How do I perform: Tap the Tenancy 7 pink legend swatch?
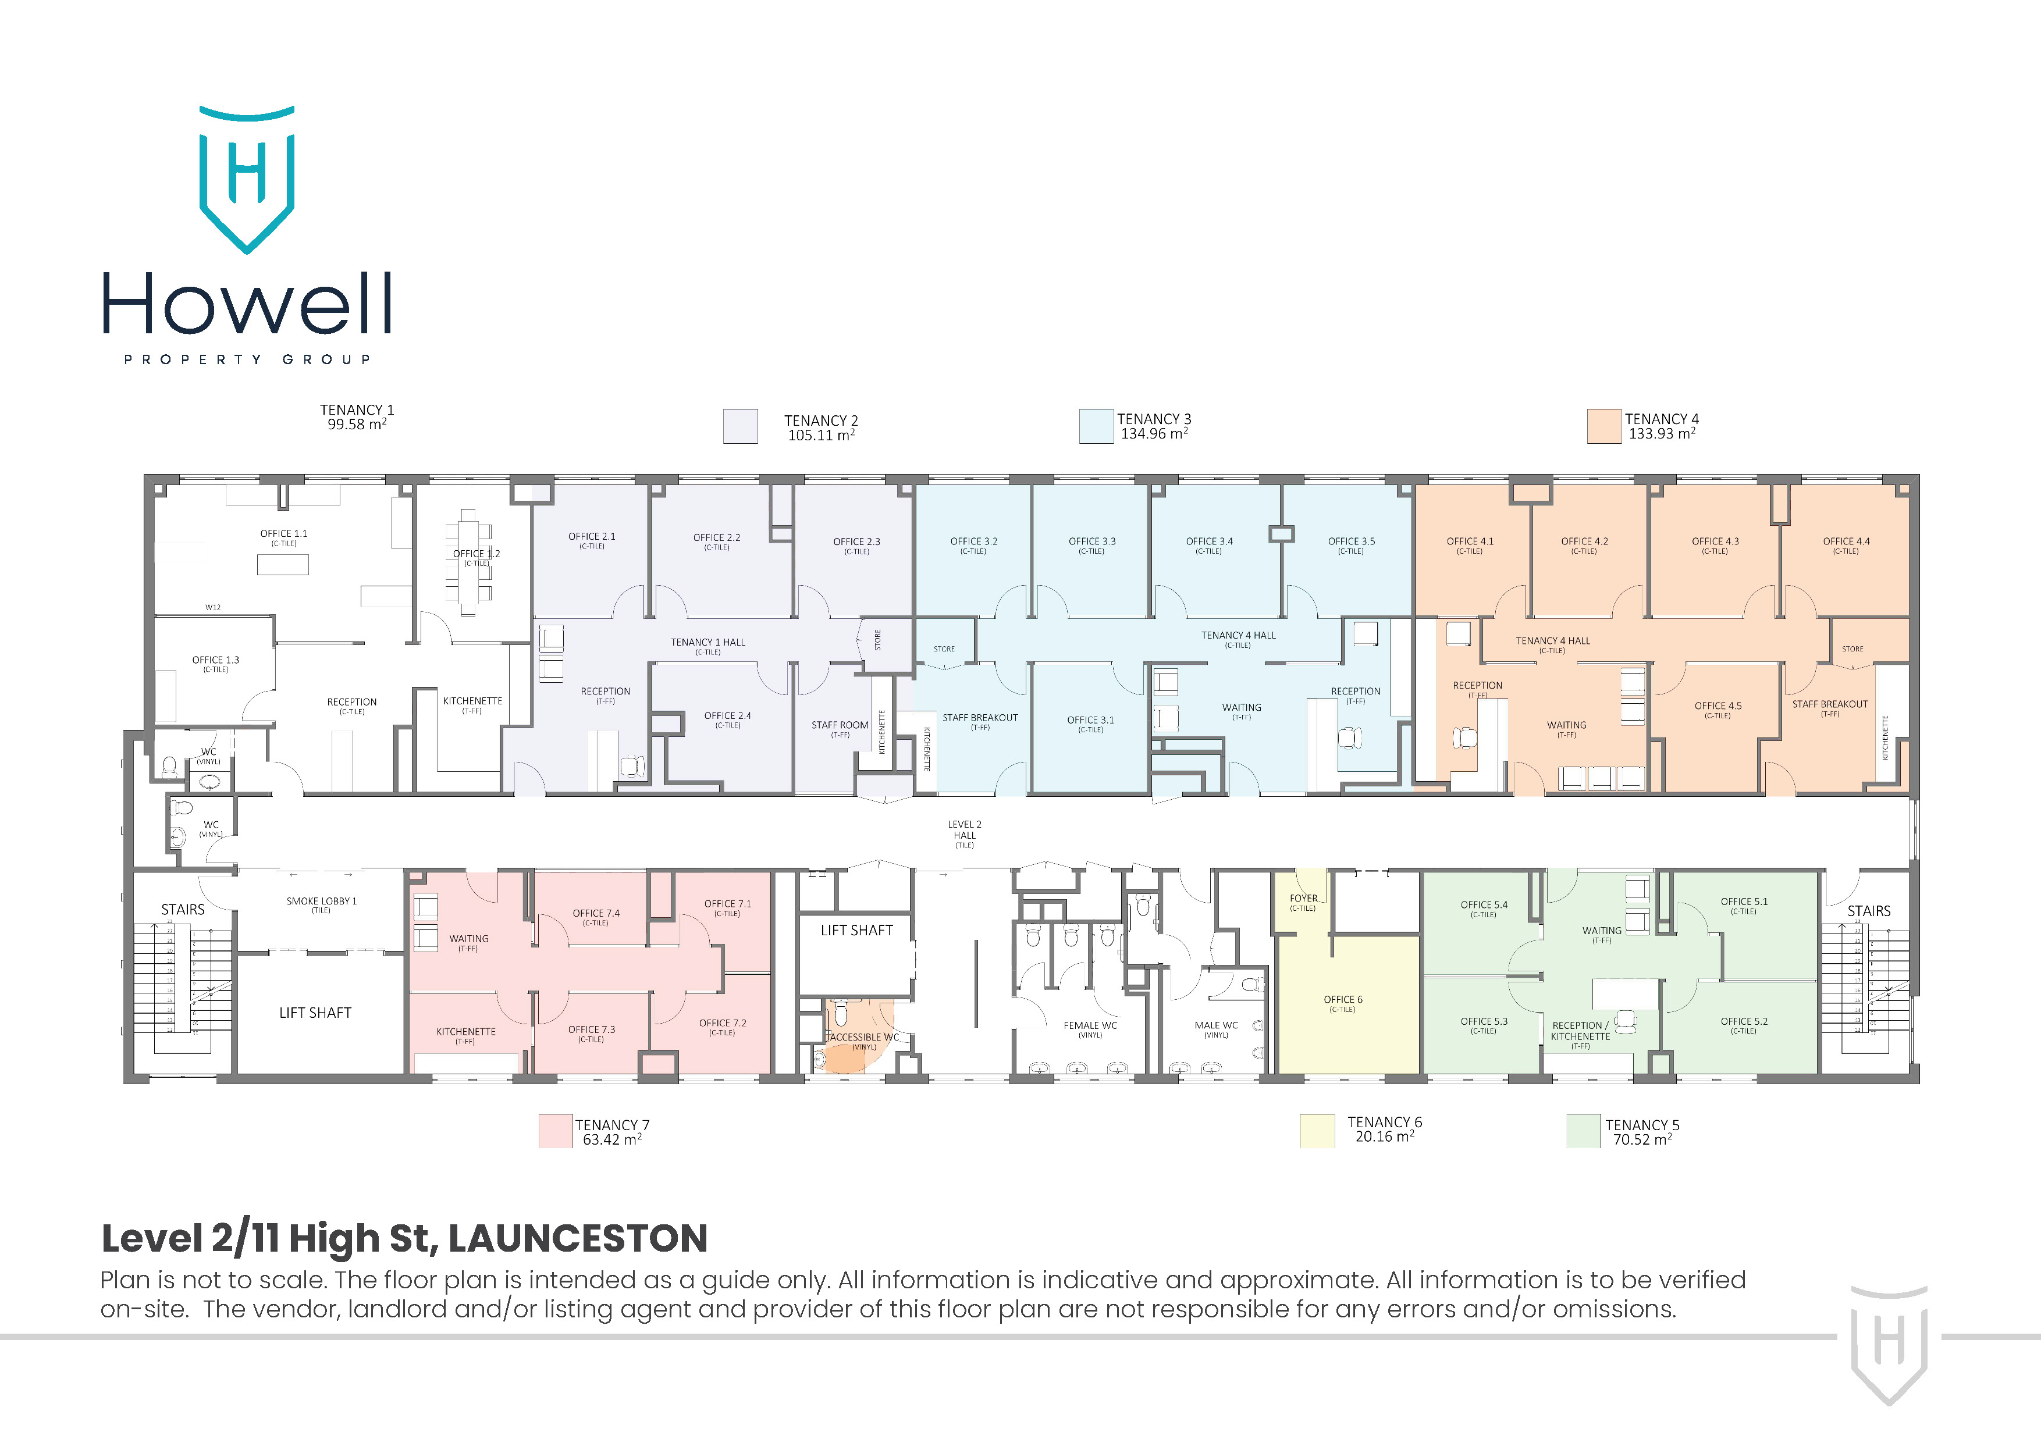556,1130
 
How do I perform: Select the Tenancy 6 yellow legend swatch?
1317,1130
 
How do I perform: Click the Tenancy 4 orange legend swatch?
1603,426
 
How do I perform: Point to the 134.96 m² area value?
1154,434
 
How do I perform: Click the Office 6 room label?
1342,1000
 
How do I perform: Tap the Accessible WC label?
863,1037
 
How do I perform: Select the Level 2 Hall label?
965,830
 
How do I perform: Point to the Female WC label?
1090,1025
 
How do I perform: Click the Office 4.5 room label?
1718,707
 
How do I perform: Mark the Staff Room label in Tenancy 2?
839,726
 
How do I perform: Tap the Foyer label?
1303,899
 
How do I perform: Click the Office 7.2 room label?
722,1024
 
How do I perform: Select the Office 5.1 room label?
1743,902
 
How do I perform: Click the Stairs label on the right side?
1869,911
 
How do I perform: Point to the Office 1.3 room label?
215,660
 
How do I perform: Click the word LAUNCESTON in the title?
577,1239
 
